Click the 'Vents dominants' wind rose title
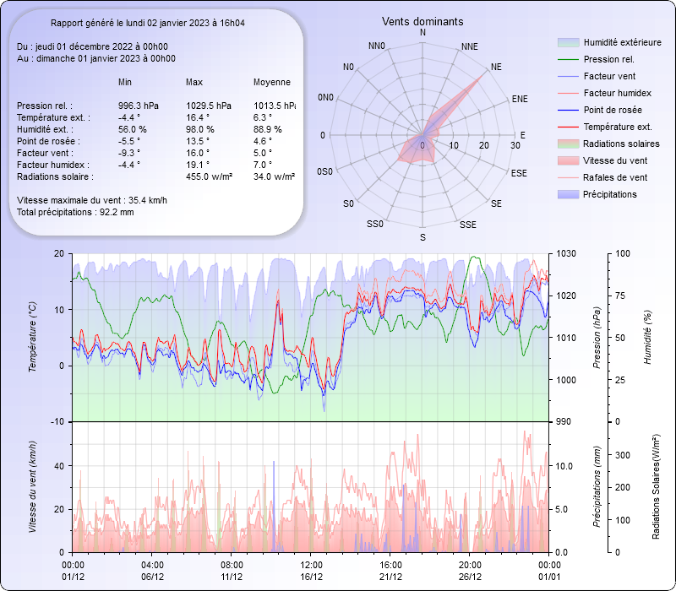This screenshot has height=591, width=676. point(422,21)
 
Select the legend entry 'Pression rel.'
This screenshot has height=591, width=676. point(608,59)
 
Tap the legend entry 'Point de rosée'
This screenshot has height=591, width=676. point(612,110)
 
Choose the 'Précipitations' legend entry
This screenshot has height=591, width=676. point(610,194)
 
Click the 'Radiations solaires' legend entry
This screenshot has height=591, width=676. point(622,144)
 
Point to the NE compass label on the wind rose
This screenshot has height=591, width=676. point(496,66)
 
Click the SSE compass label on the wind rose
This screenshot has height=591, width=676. point(467,225)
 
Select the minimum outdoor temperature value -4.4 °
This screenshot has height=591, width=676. point(129,117)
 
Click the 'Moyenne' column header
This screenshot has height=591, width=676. point(272,82)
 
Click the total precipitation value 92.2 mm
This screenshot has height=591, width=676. point(117,212)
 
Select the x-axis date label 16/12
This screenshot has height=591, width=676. point(312,577)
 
